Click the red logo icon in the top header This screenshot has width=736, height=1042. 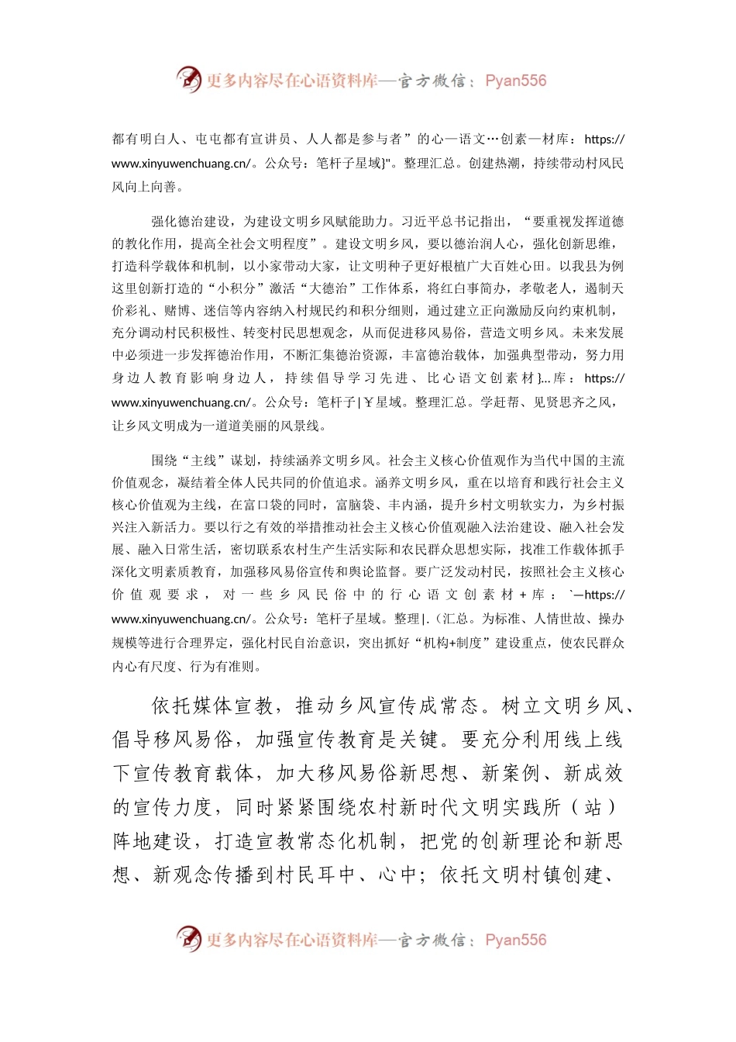coord(188,80)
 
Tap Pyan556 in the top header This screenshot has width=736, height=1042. coord(515,81)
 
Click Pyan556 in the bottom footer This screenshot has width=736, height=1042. coord(515,940)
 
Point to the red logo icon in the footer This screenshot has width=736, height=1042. coord(188,939)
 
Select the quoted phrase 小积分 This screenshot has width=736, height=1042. coord(237,288)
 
